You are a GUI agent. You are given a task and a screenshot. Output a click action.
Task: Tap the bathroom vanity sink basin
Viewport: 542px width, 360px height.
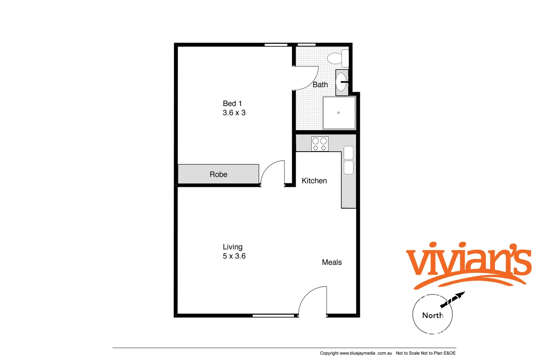pos(341,82)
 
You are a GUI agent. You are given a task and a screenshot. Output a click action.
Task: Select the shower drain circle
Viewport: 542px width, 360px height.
pos(338,113)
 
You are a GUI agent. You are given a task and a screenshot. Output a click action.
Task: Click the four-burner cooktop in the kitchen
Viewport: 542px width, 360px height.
pos(320,144)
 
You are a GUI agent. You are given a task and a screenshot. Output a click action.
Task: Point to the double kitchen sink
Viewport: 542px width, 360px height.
pos(348,160)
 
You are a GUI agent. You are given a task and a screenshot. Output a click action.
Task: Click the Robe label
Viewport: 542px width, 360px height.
pos(219,174)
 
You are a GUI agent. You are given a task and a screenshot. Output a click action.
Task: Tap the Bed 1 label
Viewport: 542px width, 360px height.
pos(232,104)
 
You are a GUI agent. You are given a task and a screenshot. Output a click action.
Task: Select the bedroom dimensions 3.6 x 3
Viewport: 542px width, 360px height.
pos(234,113)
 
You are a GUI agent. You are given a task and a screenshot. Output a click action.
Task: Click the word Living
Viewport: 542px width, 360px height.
pos(233,247)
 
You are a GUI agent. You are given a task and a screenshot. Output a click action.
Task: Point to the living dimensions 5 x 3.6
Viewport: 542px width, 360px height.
pos(234,256)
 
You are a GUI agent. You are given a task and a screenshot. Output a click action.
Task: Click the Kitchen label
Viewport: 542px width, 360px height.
pos(314,181)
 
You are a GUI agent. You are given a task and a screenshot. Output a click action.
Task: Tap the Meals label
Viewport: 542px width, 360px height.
pos(332,262)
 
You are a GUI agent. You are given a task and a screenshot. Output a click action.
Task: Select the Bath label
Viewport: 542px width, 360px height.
pos(320,85)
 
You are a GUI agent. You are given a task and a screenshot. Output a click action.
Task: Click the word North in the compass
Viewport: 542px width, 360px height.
pos(432,315)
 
